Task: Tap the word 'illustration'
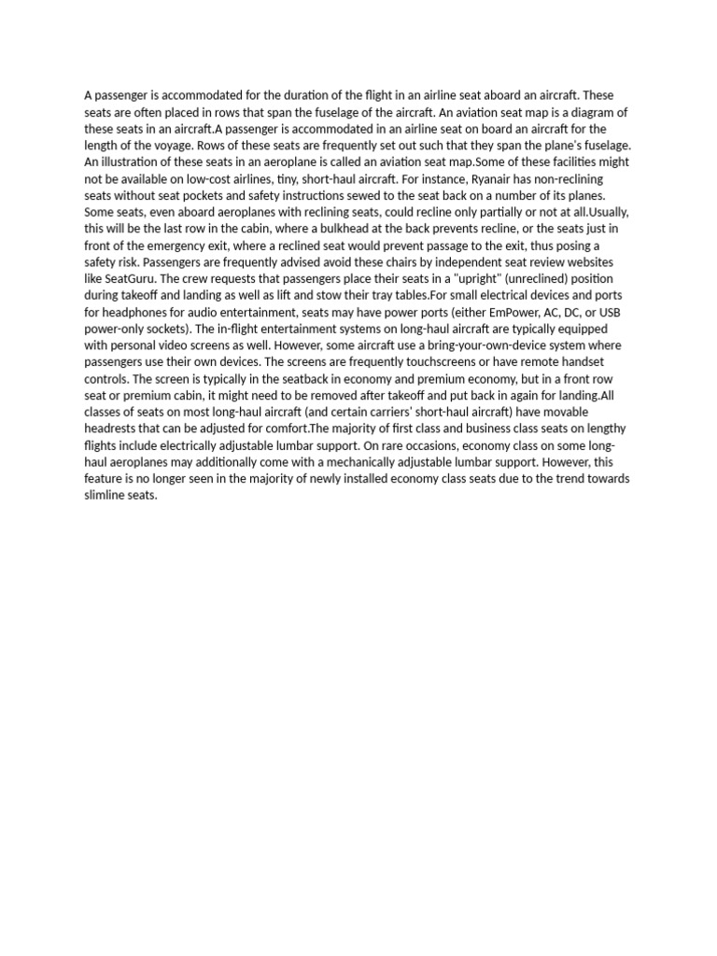click(x=131, y=162)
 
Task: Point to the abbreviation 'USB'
click(x=609, y=312)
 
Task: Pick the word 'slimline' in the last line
click(x=105, y=495)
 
